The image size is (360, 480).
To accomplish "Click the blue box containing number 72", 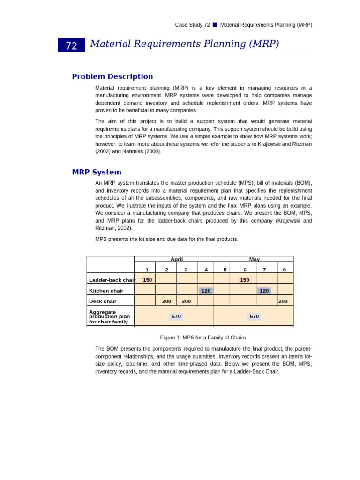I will (x=71, y=45).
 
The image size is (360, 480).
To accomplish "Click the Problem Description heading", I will (x=112, y=76).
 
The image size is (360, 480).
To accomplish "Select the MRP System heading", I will (x=97, y=172).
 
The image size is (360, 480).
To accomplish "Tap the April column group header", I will (x=177, y=259).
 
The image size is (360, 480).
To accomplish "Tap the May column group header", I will (x=255, y=259).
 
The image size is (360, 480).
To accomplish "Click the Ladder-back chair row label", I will (x=112, y=280).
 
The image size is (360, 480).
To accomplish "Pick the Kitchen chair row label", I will (x=106, y=291).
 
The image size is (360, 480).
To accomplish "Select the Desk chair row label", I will (x=103, y=301).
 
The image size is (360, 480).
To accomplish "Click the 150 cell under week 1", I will (x=147, y=280).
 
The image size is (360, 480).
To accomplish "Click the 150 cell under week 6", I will (x=245, y=280).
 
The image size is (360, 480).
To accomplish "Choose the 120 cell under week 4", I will (x=206, y=291).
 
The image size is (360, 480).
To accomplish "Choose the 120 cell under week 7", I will (x=264, y=291).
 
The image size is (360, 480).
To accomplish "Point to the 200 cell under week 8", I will (x=283, y=301).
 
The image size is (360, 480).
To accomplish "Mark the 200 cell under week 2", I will (x=166, y=301).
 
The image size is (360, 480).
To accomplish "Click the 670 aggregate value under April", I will (x=176, y=316).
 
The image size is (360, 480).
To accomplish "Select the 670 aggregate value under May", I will (x=254, y=316).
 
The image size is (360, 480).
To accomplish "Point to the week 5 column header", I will (x=225, y=270).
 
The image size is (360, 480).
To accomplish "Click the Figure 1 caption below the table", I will (x=203, y=337).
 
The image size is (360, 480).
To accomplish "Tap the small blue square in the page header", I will (x=215, y=25).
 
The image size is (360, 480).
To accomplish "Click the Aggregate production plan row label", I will (x=109, y=316).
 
